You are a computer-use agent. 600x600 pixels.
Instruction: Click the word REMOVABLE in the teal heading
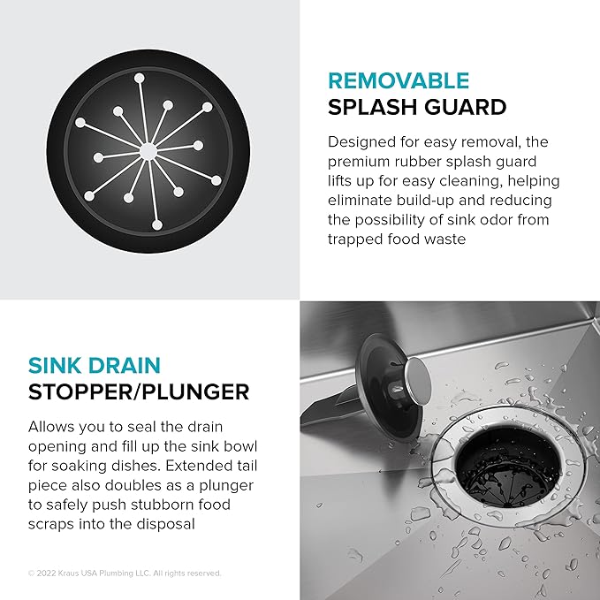[x=398, y=81]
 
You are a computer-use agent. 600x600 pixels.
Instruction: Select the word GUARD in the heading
[x=466, y=108]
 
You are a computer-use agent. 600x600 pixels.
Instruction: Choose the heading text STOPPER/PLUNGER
[x=139, y=391]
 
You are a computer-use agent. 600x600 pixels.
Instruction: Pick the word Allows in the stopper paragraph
[x=54, y=424]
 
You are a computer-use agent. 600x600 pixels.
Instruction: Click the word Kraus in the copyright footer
[x=73, y=573]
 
